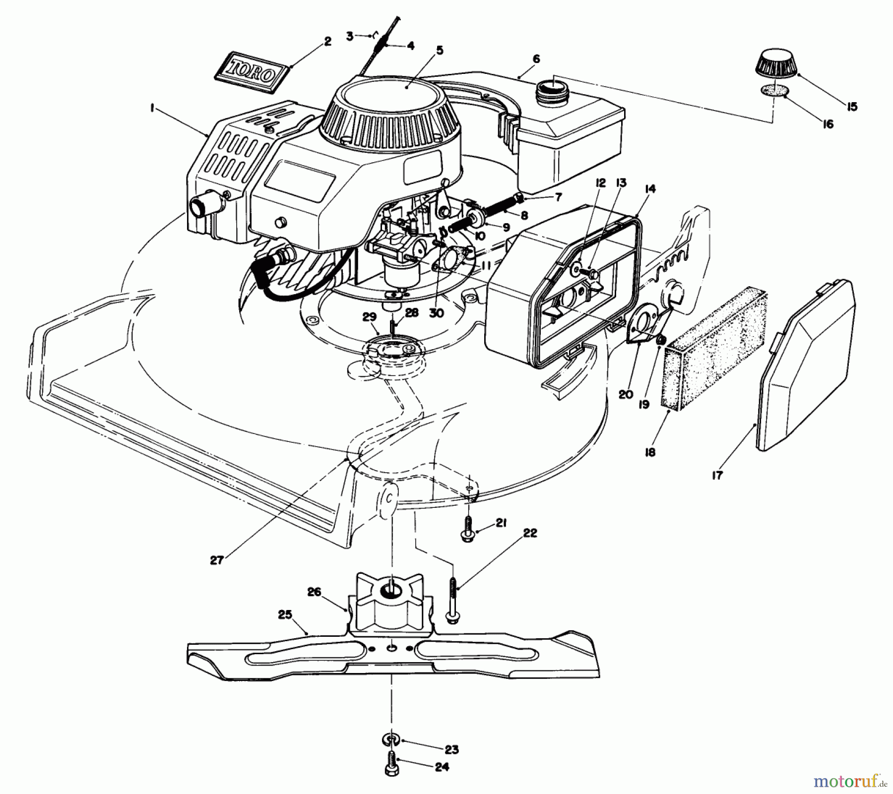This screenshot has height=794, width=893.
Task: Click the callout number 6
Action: click(536, 59)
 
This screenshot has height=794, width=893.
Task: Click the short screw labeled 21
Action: click(467, 529)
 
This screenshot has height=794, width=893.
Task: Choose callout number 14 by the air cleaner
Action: click(650, 188)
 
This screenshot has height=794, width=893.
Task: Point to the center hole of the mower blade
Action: click(392, 648)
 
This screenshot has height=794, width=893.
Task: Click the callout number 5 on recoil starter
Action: click(440, 51)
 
